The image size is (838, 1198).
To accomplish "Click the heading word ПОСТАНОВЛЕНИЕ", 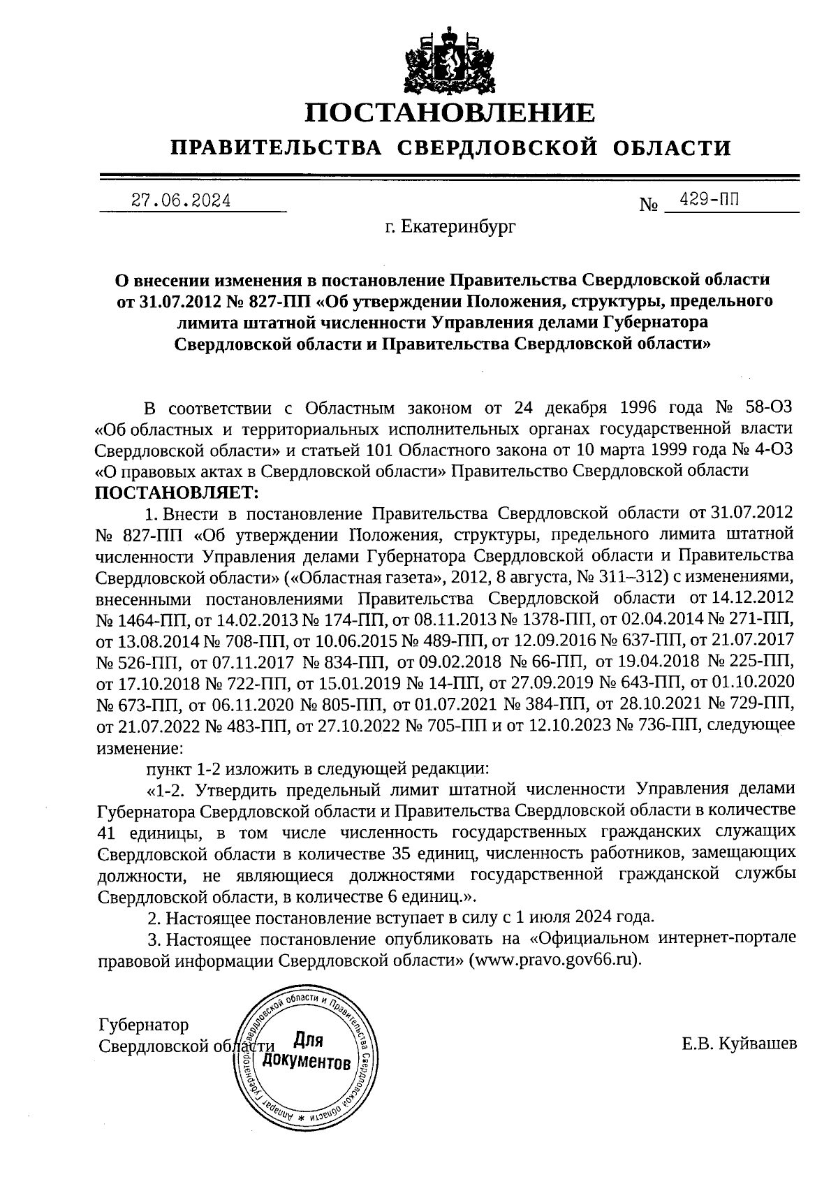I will coord(451,112).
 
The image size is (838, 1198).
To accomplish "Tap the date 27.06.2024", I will coord(181,201).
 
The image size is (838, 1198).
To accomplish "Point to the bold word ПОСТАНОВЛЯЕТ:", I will coord(177,492).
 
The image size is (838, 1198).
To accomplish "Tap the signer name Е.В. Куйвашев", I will coord(739,1045).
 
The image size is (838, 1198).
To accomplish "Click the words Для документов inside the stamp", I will coord(305,1051).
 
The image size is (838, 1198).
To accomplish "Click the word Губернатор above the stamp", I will coord(144,1025).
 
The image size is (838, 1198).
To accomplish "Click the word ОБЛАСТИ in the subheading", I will coord(672,148).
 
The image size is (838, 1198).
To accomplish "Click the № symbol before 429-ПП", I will coord(649,205).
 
